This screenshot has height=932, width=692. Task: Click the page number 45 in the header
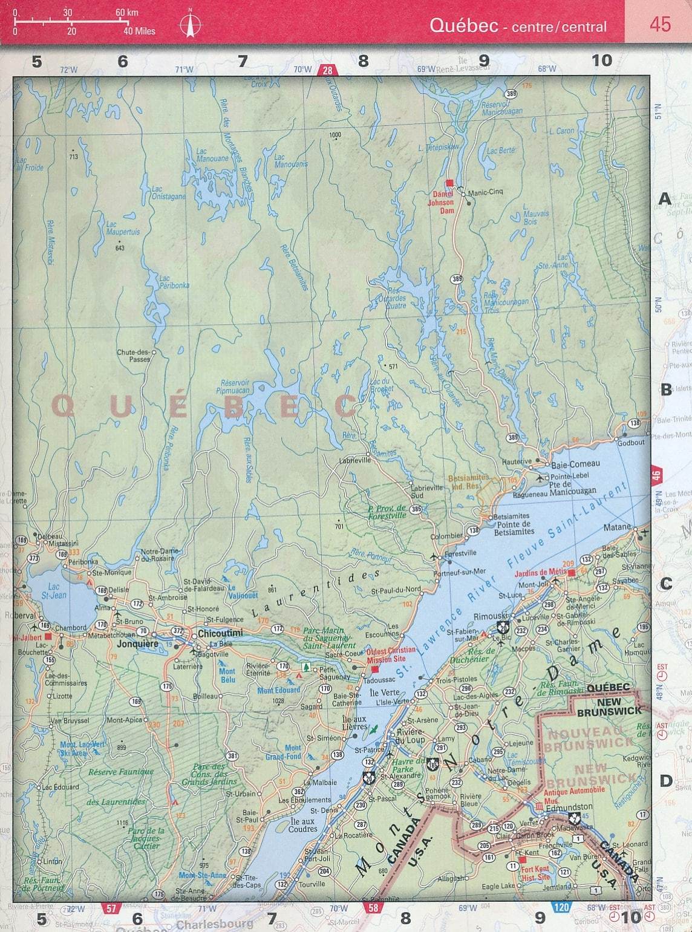660,24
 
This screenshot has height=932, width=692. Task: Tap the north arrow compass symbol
191,25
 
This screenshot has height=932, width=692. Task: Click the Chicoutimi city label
220,633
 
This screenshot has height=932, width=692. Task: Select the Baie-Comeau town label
575,464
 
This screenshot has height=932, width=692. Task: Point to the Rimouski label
473,616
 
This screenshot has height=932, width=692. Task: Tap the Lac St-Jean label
54,591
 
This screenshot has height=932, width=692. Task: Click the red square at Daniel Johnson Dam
449,183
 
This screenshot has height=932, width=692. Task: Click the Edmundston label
569,807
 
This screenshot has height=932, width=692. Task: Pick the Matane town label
617,527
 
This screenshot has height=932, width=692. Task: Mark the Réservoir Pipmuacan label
233,386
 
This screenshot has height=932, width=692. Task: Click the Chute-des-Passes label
134,356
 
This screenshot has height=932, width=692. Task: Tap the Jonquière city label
139,644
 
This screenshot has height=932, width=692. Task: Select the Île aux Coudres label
302,825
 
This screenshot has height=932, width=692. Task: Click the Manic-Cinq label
485,192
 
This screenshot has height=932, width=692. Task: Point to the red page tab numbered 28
327,70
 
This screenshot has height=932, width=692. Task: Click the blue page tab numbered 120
561,907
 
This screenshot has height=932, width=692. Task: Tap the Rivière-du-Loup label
410,736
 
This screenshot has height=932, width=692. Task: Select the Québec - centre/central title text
518,26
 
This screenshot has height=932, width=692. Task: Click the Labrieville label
354,460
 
